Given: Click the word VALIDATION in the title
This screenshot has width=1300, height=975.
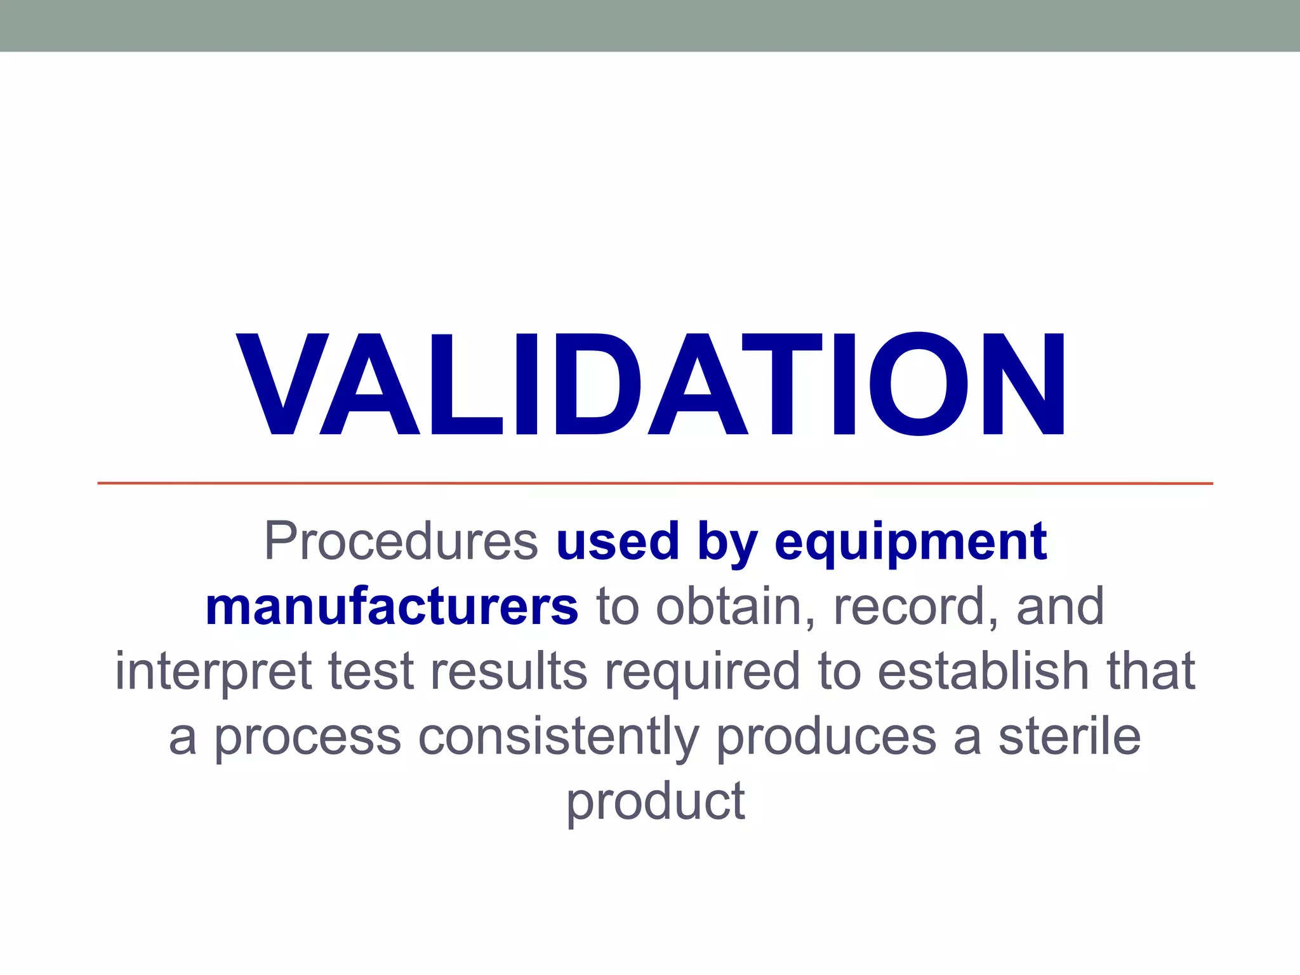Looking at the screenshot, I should click(x=651, y=385).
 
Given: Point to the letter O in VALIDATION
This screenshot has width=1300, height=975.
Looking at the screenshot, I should click(x=919, y=385).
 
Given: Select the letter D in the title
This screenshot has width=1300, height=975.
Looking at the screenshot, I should click(x=597, y=385).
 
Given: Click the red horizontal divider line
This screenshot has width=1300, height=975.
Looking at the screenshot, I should click(x=655, y=484).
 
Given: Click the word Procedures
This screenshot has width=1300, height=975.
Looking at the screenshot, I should click(x=401, y=541).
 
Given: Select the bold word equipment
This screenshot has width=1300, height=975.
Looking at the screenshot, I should click(x=911, y=543).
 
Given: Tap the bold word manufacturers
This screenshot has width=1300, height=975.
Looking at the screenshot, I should click(x=392, y=607).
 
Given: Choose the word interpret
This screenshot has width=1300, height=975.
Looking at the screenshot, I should click(x=213, y=672).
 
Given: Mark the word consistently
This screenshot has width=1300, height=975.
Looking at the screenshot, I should click(x=559, y=738).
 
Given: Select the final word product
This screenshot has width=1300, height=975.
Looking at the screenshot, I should click(x=656, y=803).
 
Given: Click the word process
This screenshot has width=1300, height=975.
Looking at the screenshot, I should click(x=307, y=739).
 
